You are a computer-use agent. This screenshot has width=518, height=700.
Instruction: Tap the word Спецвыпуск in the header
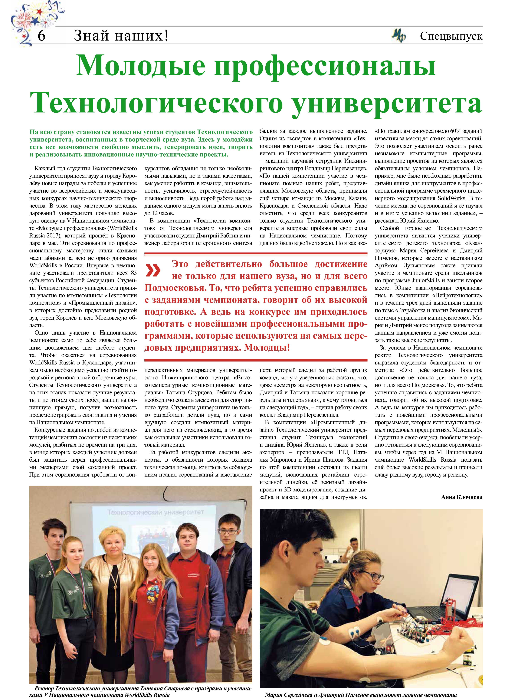point(451,36)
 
